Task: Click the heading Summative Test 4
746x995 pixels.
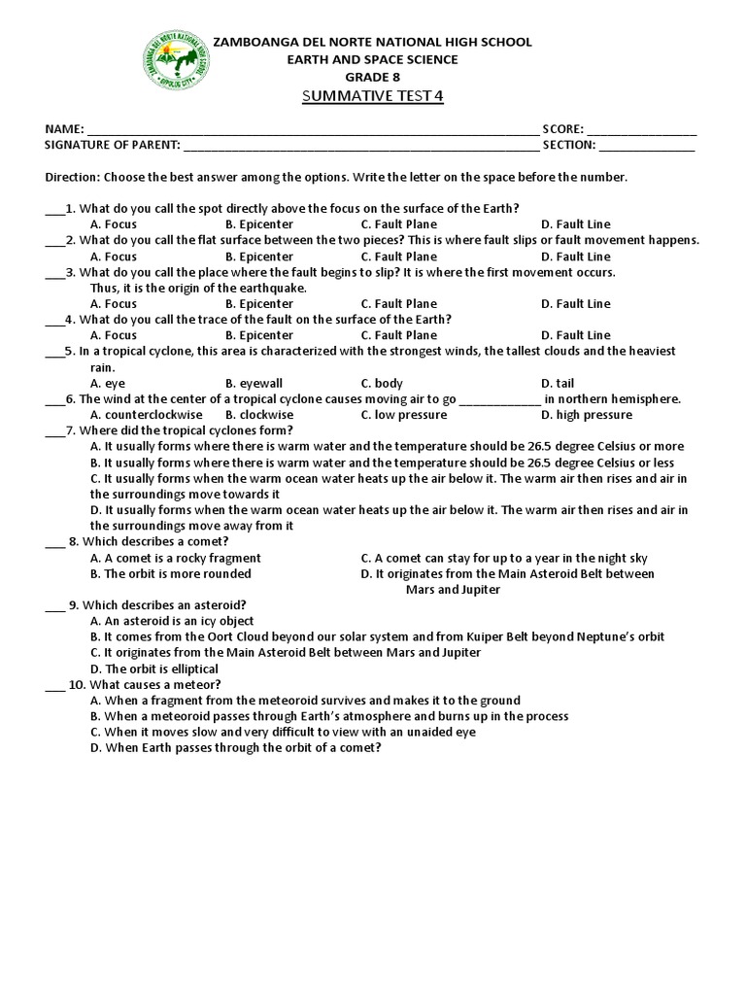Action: pos(372,97)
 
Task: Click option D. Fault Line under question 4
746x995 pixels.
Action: pos(575,335)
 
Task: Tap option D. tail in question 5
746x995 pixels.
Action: pos(559,384)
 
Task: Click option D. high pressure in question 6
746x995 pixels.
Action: pos(586,415)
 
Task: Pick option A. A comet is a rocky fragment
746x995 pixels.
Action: pos(175,559)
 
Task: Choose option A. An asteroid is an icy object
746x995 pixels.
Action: pos(171,621)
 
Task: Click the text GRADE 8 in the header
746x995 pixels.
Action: pos(372,76)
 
